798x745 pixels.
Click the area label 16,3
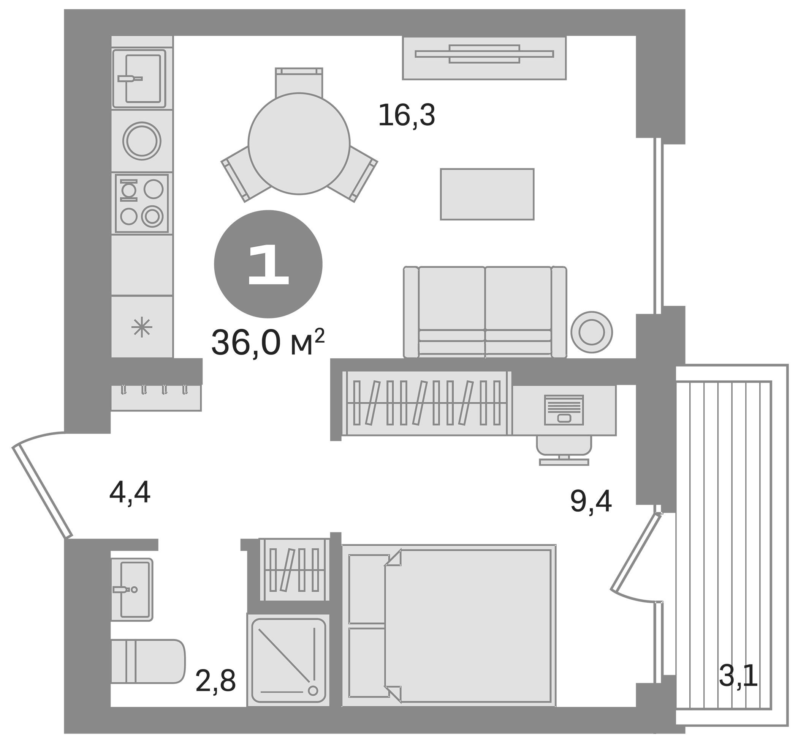pyautogui.click(x=406, y=115)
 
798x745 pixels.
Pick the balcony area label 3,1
pyautogui.click(x=738, y=676)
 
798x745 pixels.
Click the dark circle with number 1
pyautogui.click(x=268, y=264)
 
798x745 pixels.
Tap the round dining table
pyautogui.click(x=299, y=143)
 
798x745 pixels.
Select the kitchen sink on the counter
pyautogui.click(x=139, y=79)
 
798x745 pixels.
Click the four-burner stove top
pyautogui.click(x=141, y=203)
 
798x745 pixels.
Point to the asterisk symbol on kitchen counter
pyautogui.click(x=142, y=327)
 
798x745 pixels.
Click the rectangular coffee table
pyautogui.click(x=487, y=194)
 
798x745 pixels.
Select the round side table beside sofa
pyautogui.click(x=592, y=332)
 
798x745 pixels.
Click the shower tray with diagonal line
pyautogui.click(x=288, y=660)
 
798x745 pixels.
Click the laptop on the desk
pyautogui.click(x=564, y=410)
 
